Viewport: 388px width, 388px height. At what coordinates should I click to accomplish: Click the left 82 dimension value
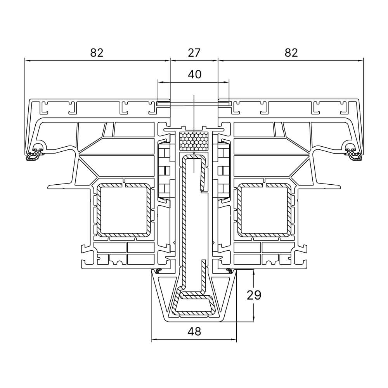coord(97,53)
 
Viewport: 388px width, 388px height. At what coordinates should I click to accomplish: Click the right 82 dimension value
coord(291,53)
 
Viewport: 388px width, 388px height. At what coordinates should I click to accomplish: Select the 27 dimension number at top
coord(194,53)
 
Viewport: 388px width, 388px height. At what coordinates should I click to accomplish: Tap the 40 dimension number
coord(195,74)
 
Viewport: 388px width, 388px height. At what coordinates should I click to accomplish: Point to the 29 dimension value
coord(254,295)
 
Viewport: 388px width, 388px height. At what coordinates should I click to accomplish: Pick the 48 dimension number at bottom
coord(194,331)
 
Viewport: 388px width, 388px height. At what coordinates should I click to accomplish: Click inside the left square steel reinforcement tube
coord(123,210)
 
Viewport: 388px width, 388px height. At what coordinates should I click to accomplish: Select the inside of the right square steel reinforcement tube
coord(265,210)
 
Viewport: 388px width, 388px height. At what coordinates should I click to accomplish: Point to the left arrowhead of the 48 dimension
coord(154,339)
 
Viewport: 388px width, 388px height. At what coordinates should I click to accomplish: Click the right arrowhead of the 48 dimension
coord(234,339)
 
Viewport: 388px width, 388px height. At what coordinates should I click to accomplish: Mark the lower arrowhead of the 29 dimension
coord(254,319)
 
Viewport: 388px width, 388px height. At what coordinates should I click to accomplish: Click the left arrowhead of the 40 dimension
coord(161,82)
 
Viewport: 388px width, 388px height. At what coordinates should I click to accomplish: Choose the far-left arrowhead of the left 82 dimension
coord(28,61)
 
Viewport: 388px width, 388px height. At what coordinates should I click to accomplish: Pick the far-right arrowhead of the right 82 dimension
coord(360,61)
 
